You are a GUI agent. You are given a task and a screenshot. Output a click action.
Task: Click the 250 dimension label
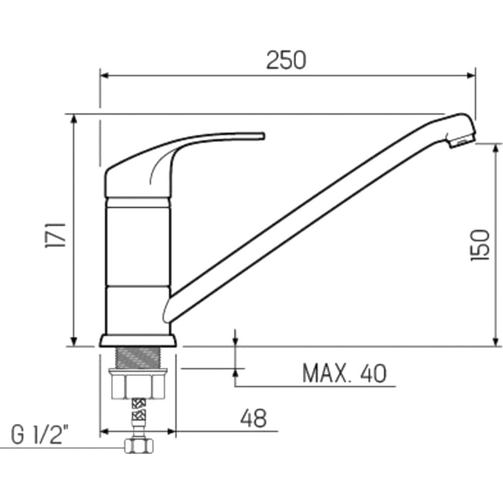click(286, 60)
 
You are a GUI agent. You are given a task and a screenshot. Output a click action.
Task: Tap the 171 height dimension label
click(55, 235)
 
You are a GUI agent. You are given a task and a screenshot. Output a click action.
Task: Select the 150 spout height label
click(480, 245)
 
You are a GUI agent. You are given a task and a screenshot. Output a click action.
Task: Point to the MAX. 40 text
click(345, 373)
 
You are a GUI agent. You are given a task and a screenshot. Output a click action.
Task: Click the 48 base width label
click(254, 418)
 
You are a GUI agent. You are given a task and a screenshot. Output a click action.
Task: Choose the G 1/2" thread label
click(40, 435)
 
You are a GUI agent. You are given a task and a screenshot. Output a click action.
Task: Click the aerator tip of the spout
click(461, 140)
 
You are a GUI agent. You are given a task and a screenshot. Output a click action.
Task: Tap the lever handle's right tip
click(264, 136)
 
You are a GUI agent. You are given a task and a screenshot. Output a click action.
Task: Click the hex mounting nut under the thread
click(138, 384)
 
